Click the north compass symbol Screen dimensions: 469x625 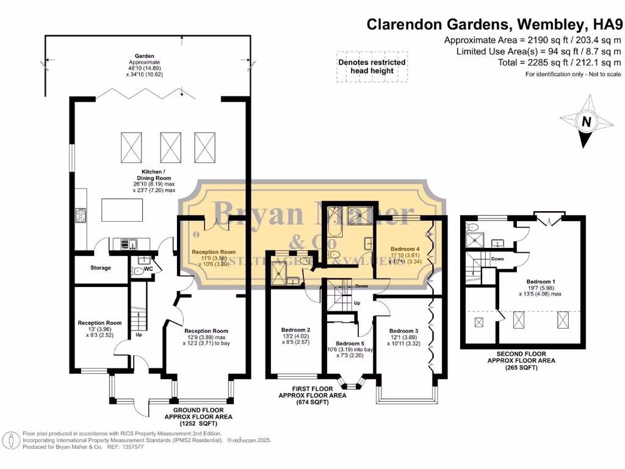pyautogui.click(x=586, y=122)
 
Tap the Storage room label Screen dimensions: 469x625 pyautogui.click(x=101, y=268)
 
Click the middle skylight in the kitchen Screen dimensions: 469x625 pyautogui.click(x=171, y=146)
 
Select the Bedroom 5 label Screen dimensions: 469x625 pyautogui.click(x=349, y=344)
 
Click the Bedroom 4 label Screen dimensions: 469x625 pyautogui.click(x=405, y=249)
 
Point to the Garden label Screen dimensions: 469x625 pyautogui.click(x=144, y=55)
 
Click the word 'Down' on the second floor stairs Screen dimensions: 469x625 pyautogui.click(x=497, y=258)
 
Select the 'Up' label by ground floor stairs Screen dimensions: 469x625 pyautogui.click(x=139, y=335)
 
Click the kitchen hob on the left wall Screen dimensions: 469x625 pyautogui.click(x=80, y=215)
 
